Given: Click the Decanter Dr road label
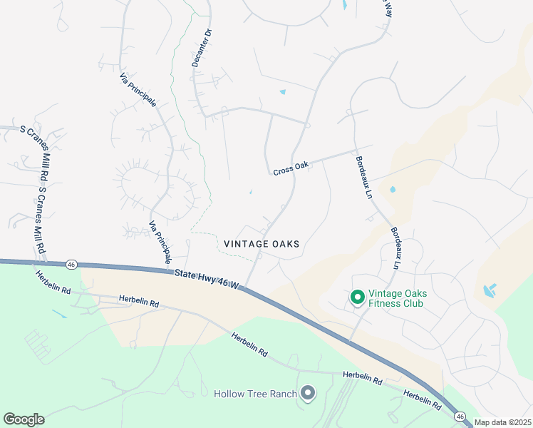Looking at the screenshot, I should [200, 48].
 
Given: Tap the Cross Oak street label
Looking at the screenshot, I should [291, 165].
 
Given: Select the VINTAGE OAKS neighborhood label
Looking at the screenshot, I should [262, 244].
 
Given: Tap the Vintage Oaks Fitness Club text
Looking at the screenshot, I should [396, 298].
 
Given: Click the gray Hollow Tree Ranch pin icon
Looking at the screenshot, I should [308, 393].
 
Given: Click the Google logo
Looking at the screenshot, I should [24, 419].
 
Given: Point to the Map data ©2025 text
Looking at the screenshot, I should [502, 422].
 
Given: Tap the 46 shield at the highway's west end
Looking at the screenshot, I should [71, 264].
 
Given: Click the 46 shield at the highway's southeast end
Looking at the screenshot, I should [460, 417].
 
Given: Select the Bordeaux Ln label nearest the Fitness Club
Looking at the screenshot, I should [395, 248].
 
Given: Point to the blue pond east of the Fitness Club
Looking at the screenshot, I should [489, 290].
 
